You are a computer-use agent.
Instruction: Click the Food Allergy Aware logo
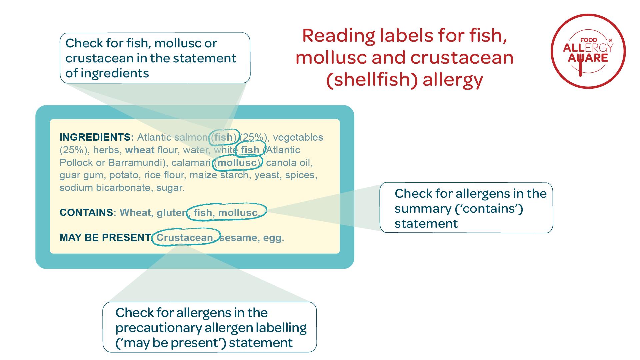pos(588,51)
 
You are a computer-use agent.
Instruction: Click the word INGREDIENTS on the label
pos(95,137)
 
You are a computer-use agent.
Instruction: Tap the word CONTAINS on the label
pos(86,213)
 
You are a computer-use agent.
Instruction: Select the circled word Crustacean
pos(185,238)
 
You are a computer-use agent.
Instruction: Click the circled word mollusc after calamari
pos(237,163)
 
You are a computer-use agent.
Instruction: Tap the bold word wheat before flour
pos(140,150)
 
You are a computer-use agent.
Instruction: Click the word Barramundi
pos(137,163)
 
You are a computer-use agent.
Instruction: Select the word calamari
pos(191,163)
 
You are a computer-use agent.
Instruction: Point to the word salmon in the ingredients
pos(191,137)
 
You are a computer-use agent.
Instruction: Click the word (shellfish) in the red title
pos(372,80)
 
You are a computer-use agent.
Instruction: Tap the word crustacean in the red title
pos(462,58)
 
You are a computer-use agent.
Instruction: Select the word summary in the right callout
pos(423,209)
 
